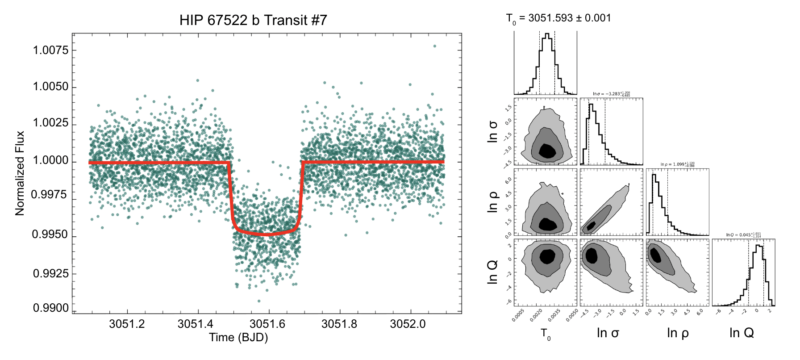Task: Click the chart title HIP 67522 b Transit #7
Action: click(253, 20)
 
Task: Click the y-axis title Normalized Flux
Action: click(20, 173)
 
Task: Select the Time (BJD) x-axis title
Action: click(238, 338)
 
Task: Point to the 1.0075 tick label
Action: click(51, 50)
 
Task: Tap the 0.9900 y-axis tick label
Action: click(51, 308)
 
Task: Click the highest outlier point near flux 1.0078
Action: click(434, 46)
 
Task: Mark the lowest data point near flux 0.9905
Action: click(259, 301)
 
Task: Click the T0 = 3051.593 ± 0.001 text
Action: click(558, 18)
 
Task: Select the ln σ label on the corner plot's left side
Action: click(492, 132)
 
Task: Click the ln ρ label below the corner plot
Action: click(678, 333)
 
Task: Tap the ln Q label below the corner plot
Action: click(742, 333)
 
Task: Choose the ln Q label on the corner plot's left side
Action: click(492, 273)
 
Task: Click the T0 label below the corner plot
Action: click(546, 334)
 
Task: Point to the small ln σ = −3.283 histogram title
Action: click(611, 94)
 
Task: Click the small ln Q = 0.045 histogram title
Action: click(743, 235)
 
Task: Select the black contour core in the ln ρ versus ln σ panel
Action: click(591, 226)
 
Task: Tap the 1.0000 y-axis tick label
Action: click(51, 160)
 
